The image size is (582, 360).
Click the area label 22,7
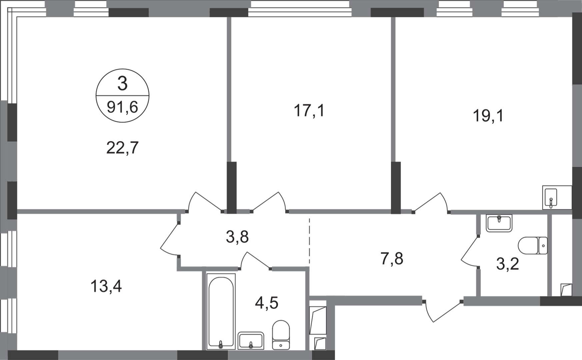(x=122, y=148)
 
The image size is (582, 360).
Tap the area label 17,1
(x=309, y=111)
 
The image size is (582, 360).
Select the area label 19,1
(x=488, y=116)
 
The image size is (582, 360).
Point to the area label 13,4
(x=106, y=286)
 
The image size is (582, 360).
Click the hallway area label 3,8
(x=237, y=237)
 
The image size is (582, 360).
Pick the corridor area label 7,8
(x=392, y=259)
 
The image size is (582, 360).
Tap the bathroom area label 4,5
(x=266, y=303)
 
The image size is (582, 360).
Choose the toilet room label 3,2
(x=507, y=264)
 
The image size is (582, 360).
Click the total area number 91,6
(x=122, y=107)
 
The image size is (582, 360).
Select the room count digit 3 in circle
(x=122, y=84)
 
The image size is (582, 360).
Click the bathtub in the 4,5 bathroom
(x=221, y=311)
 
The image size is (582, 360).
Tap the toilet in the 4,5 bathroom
(x=281, y=335)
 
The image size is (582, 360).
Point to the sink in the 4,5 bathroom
(x=251, y=340)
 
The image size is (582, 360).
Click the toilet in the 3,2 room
(x=533, y=246)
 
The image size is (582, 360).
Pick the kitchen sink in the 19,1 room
(x=557, y=197)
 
